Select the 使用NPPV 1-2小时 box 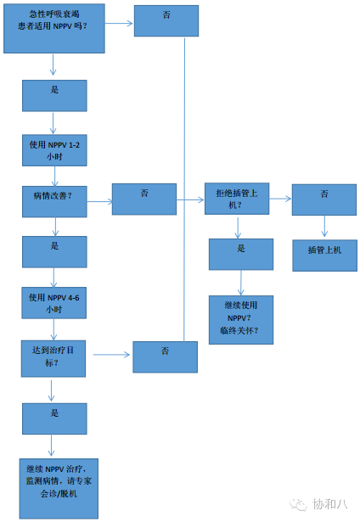pyautogui.click(x=54, y=149)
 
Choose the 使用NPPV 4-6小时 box pyautogui.click(x=54, y=304)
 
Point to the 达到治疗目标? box pyautogui.click(x=54, y=356)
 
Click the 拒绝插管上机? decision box pyautogui.click(x=237, y=199)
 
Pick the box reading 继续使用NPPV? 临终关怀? pyautogui.click(x=241, y=319)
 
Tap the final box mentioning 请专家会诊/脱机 pyautogui.click(x=59, y=487)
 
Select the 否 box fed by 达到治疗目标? pyautogui.click(x=166, y=356)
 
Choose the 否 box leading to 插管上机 pyautogui.click(x=324, y=199)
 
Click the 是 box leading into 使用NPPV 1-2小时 pyautogui.click(x=54, y=95)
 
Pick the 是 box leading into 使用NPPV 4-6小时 pyautogui.click(x=54, y=252)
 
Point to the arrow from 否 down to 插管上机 pyautogui.click(x=324, y=227)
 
